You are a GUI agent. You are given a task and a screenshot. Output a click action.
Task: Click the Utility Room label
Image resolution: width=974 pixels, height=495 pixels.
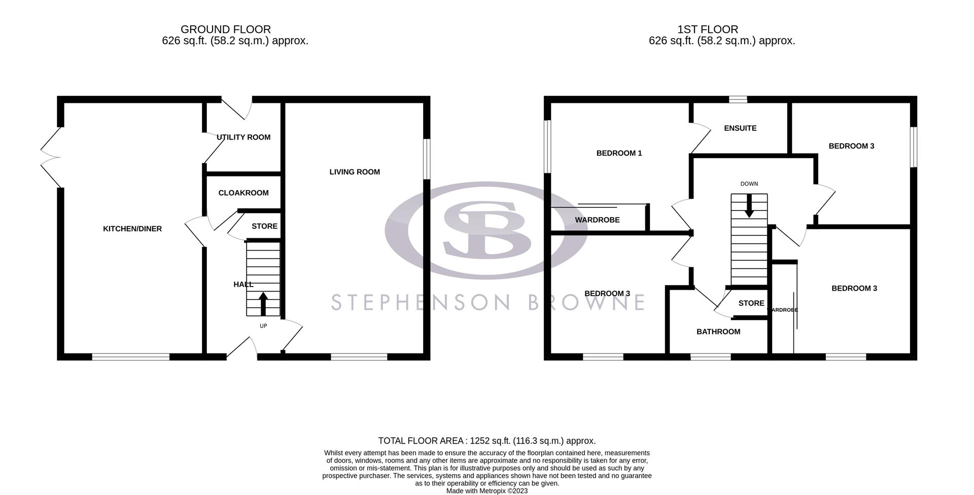[243, 137]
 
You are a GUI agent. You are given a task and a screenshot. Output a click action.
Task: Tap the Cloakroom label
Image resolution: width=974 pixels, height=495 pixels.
[243, 193]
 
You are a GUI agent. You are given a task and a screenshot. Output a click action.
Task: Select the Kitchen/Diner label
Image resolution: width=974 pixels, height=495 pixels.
[132, 229]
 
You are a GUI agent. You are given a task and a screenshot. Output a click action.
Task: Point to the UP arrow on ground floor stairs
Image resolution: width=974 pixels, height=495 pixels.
[263, 303]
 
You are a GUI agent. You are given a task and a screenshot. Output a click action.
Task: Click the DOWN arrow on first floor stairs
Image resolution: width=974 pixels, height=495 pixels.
[749, 206]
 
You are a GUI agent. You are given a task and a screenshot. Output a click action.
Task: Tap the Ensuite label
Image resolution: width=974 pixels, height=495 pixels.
[740, 128]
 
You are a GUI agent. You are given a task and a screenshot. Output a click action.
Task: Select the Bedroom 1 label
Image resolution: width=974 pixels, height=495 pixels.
[619, 153]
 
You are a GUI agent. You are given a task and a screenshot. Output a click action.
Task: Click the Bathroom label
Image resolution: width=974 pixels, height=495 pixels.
[718, 332]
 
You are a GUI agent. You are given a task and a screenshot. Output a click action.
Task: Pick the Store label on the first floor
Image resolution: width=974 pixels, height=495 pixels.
[751, 303]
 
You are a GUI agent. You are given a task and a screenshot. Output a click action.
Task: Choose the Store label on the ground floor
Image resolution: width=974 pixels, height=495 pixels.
[264, 226]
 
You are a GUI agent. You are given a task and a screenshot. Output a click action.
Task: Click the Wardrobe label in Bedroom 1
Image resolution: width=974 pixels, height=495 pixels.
[597, 220]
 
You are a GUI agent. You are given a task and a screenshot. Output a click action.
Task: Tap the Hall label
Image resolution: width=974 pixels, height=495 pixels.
[243, 285]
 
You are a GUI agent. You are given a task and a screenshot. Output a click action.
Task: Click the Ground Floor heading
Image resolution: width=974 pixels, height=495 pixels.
[226, 29]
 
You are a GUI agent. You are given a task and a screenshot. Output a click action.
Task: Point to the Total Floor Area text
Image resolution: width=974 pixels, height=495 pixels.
[486, 441]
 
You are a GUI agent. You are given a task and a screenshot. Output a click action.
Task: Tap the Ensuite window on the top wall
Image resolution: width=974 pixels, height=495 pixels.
[738, 99]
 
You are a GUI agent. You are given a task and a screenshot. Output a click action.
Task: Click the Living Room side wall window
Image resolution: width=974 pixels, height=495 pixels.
[427, 159]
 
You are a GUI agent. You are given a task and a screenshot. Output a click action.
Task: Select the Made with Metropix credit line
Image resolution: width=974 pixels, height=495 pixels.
[486, 491]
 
